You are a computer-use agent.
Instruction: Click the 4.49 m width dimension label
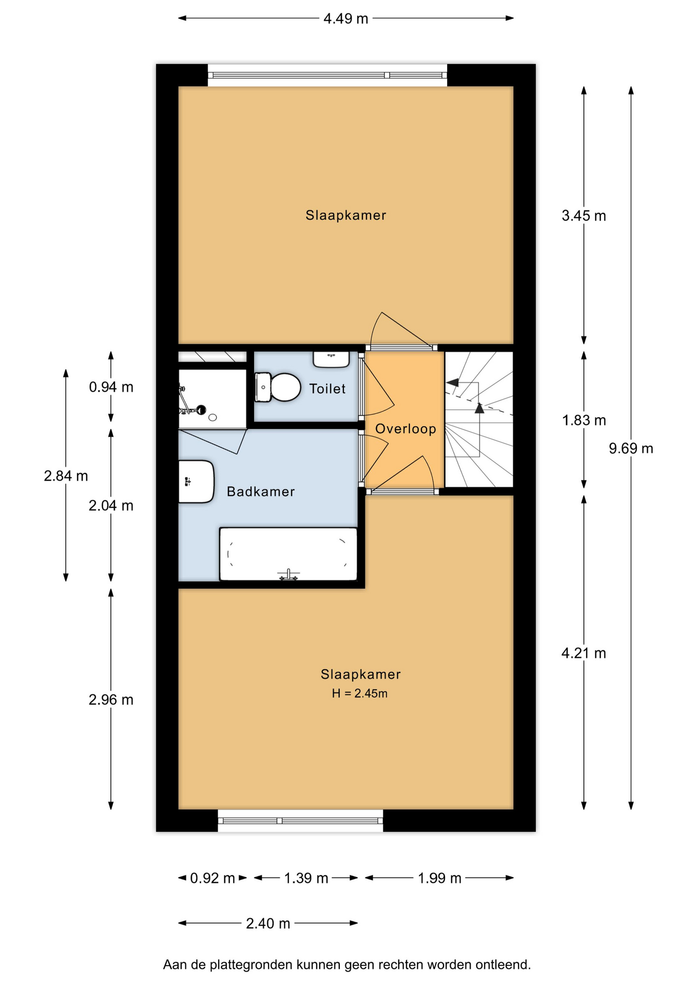345,18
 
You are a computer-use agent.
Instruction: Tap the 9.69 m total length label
631,448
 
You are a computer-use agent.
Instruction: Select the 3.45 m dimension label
584,215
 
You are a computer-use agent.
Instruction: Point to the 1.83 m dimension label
584,420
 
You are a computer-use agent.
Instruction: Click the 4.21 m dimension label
584,653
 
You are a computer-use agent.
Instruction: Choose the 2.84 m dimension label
66,476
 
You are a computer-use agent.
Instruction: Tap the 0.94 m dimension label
111,387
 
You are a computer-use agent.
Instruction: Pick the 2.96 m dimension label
111,700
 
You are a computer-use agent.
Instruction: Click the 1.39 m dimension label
306,878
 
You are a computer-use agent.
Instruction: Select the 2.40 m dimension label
268,923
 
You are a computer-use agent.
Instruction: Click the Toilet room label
327,389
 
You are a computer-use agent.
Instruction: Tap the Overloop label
405,429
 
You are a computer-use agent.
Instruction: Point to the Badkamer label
261,491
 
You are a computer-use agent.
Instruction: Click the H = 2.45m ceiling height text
359,694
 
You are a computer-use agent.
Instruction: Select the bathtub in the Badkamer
288,554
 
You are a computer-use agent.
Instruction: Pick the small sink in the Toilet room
331,359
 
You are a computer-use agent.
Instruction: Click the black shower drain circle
201,409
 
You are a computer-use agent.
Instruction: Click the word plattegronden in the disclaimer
251,965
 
